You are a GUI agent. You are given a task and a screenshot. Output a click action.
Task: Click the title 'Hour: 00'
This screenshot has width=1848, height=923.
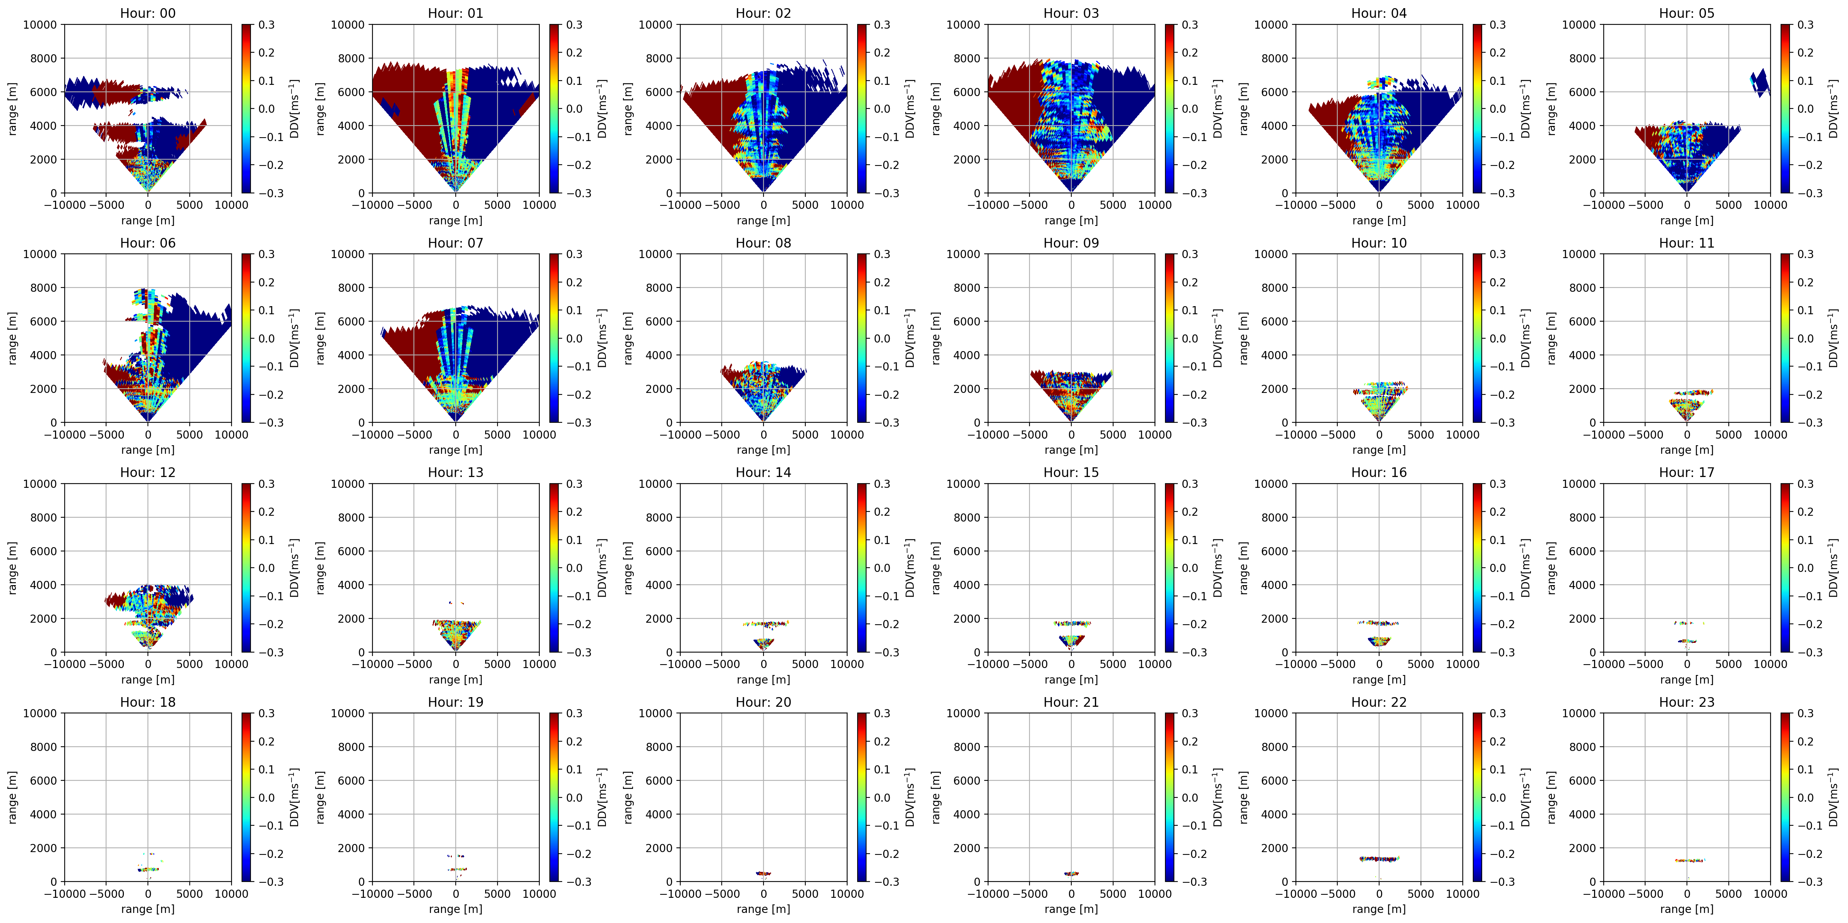(148, 13)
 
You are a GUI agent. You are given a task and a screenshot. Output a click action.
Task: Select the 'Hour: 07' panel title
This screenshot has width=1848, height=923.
(456, 243)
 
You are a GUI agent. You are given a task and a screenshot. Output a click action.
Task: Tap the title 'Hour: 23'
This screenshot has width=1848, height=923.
(1687, 702)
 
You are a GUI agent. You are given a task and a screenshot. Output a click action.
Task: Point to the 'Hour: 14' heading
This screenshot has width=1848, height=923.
(763, 472)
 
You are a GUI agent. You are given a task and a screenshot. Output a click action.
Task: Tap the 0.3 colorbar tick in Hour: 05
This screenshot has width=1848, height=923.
(1805, 24)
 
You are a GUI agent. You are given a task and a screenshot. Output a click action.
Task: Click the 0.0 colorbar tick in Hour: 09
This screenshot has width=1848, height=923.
(1189, 338)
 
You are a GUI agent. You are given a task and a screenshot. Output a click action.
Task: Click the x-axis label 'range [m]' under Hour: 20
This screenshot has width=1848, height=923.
(763, 909)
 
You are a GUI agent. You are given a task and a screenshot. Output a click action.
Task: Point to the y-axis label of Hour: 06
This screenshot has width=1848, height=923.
(12, 338)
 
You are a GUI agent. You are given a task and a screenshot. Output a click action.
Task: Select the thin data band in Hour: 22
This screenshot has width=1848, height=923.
(1379, 858)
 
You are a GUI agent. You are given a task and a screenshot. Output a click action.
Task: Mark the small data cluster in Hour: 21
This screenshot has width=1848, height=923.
(1071, 873)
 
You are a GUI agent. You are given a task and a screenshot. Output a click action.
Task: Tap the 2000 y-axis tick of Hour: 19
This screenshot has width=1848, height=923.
(351, 848)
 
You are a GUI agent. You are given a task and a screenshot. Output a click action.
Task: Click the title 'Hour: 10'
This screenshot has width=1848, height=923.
(1379, 243)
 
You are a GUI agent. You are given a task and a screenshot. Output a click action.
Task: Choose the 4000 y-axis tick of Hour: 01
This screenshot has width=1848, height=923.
(351, 126)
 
